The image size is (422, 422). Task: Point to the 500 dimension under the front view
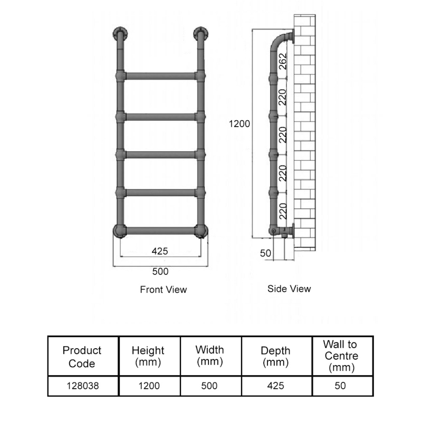point(160,272)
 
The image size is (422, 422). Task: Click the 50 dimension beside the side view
point(265,253)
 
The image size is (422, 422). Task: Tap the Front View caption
point(163,290)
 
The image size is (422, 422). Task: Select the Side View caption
point(289,289)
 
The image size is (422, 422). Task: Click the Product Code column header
point(82,357)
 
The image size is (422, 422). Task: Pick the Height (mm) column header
point(148,356)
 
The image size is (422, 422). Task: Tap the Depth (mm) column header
point(275,357)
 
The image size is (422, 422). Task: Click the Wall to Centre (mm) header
point(340,356)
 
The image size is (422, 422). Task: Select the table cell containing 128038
point(82,386)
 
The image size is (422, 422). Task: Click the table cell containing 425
point(275,386)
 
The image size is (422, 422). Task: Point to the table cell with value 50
point(340,386)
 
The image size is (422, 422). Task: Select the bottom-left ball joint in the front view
point(119,231)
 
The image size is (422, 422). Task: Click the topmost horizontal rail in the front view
point(160,76)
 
